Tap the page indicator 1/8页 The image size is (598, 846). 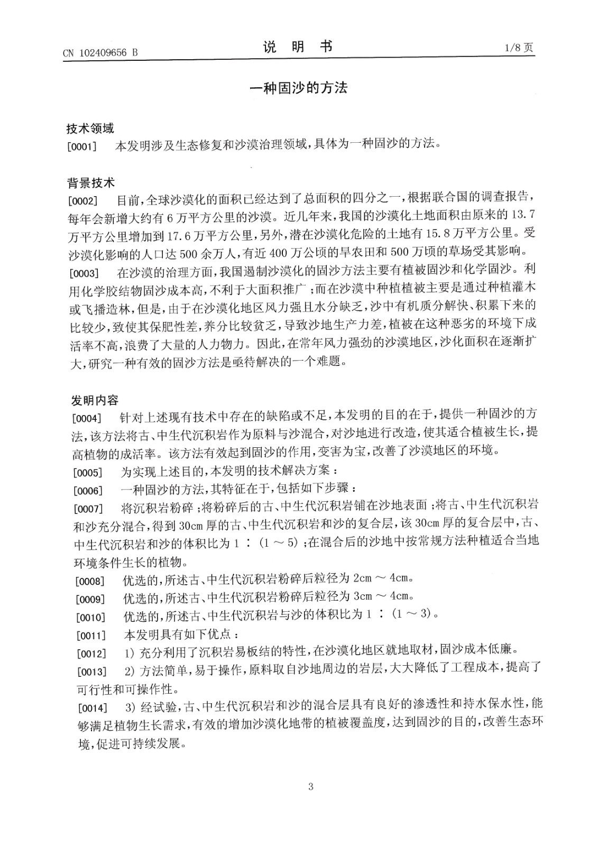[519, 48]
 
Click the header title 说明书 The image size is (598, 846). [298, 47]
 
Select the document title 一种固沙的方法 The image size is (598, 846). [298, 88]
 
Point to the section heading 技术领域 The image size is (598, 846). [90, 128]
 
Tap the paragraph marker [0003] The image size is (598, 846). [85, 273]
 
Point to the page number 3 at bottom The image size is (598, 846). [310, 786]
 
